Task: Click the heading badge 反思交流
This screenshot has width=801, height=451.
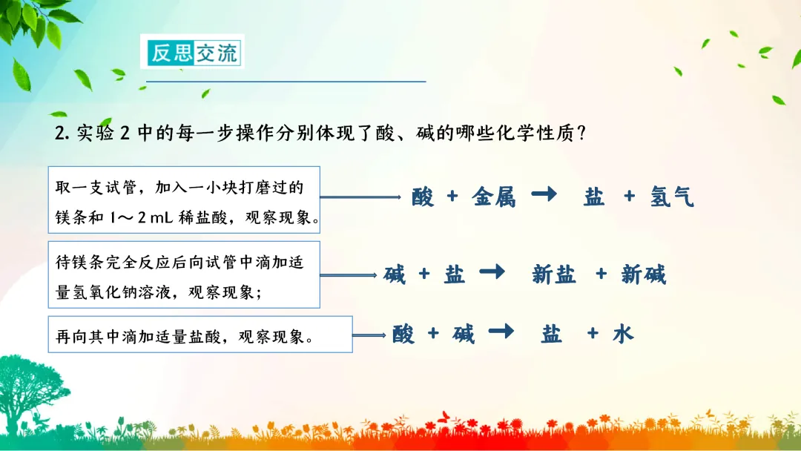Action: pos(193,52)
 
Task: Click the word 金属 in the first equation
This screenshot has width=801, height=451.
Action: pos(493,197)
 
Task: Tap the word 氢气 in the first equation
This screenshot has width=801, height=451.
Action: pos(672,197)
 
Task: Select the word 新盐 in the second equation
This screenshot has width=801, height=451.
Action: pos(554,274)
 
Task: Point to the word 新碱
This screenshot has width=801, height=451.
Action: pos(643,274)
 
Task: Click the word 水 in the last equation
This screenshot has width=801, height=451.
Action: pos(623,334)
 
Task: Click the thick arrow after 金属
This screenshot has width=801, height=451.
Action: pos(544,194)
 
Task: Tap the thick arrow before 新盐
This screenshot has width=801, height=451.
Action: pos(492,271)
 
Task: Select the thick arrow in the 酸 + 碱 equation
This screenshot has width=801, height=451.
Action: pos(501,332)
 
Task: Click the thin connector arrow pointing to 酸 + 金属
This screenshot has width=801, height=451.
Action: pos(360,197)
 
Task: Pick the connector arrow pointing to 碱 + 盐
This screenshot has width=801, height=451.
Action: pos(349,275)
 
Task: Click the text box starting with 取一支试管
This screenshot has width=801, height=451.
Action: pos(184,200)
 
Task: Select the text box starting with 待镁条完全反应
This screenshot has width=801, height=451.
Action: pos(184,274)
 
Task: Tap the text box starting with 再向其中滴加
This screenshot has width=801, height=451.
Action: pos(200,335)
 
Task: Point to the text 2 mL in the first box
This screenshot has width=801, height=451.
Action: pos(155,218)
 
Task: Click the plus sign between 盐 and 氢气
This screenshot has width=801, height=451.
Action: pos(630,195)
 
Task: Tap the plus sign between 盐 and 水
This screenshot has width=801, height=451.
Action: pos(593,333)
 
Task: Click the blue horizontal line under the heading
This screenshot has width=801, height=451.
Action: pos(286,81)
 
